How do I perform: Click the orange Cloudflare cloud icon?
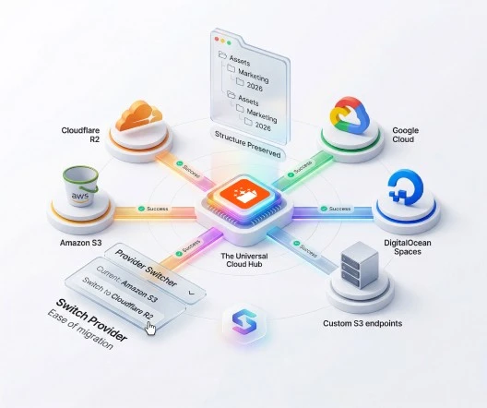coord(139,116)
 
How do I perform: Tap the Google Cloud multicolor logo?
coord(350,115)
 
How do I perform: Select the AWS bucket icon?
coord(80,186)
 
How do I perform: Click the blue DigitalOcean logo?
coord(405,187)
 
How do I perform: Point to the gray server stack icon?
coord(360,264)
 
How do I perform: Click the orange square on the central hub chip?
coord(244,195)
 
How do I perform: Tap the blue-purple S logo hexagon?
coord(244,322)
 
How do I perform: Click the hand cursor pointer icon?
coord(150,328)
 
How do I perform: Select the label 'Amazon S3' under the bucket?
coord(81,243)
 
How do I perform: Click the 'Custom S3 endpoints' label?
coord(362,323)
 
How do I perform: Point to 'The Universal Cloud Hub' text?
coord(244,260)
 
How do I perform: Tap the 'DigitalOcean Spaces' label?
coord(408,247)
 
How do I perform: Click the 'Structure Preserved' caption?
coord(248,145)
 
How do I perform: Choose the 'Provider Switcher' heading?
coord(146,268)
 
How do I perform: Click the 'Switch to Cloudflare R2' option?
coord(117,297)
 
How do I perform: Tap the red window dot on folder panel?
coord(217,39)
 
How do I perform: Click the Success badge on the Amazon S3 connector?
coord(153,209)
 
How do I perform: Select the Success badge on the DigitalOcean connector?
coord(336,209)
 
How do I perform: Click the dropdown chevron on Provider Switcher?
coord(191,293)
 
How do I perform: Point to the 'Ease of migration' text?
coord(80,330)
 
